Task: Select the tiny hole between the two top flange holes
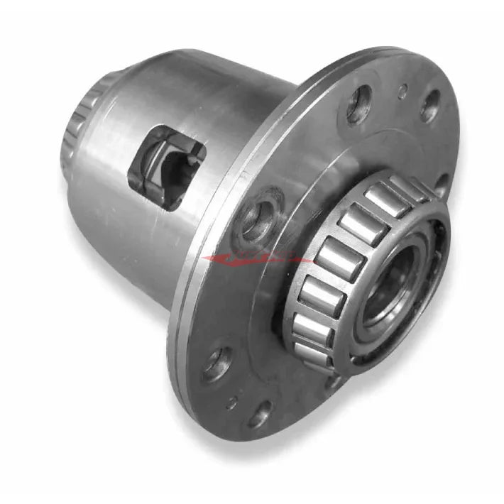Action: click(x=402, y=90)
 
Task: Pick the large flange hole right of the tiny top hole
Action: click(x=429, y=105)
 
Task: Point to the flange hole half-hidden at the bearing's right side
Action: click(x=441, y=186)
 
